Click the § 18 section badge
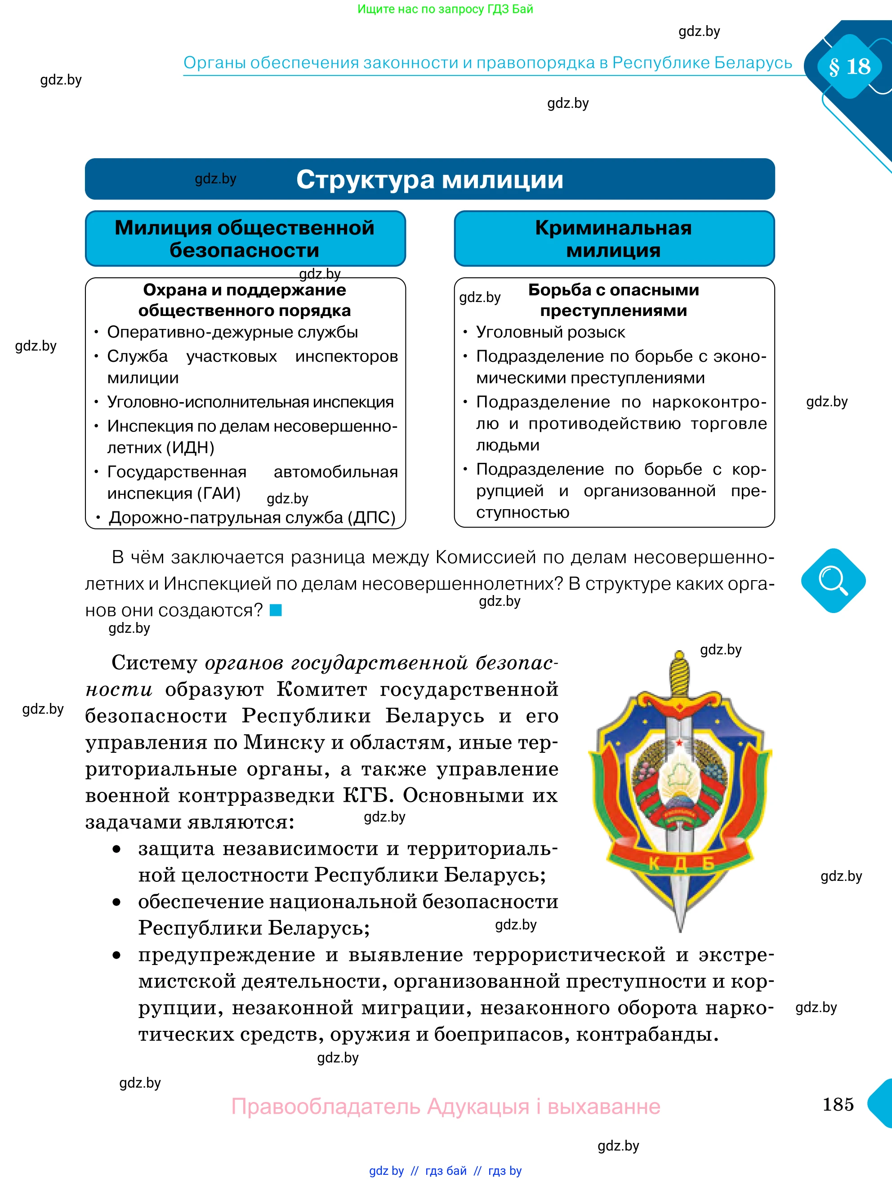tap(849, 66)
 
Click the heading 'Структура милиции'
tap(430, 179)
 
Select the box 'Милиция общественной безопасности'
tap(245, 239)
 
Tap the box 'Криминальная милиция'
tap(614, 239)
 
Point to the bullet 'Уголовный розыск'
tap(550, 333)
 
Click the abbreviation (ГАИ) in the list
tap(219, 493)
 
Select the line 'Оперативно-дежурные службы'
tap(232, 333)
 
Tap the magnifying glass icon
tap(833, 580)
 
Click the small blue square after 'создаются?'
tap(276, 610)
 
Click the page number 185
tap(838, 1104)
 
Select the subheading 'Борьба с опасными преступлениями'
tap(614, 300)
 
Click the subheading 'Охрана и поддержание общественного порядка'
tap(245, 300)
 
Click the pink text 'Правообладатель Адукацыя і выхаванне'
tap(446, 1106)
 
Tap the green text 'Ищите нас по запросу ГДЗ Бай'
tap(445, 9)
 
